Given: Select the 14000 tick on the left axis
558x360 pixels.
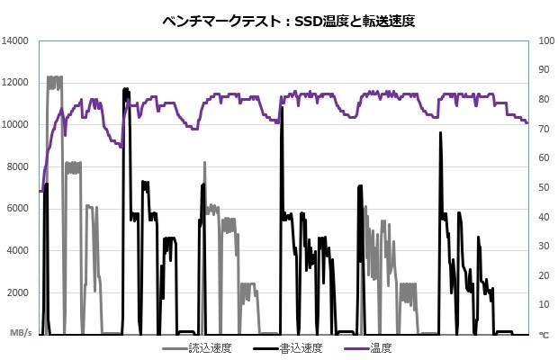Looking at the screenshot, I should pyautogui.click(x=17, y=40).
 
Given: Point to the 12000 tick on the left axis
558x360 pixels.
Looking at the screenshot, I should pyautogui.click(x=17, y=83).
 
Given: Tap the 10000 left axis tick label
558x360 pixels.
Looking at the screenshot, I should pyautogui.click(x=17, y=124).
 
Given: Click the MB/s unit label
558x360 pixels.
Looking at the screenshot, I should pyautogui.click(x=20, y=333).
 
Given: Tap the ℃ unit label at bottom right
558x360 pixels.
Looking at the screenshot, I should pyautogui.click(x=544, y=334).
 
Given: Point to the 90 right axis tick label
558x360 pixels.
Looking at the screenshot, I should pyautogui.click(x=544, y=70).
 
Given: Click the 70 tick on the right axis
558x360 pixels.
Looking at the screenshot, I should pyautogui.click(x=544, y=129).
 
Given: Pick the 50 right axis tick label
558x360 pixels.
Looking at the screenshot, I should pyautogui.click(x=544, y=187).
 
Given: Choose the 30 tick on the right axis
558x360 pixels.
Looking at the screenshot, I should pyautogui.click(x=544, y=246).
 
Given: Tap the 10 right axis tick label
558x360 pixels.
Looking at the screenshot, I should pyautogui.click(x=544, y=304).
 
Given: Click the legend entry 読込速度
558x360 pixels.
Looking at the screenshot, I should pyautogui.click(x=210, y=347).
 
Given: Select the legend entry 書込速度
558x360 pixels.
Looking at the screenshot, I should pyautogui.click(x=301, y=347).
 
